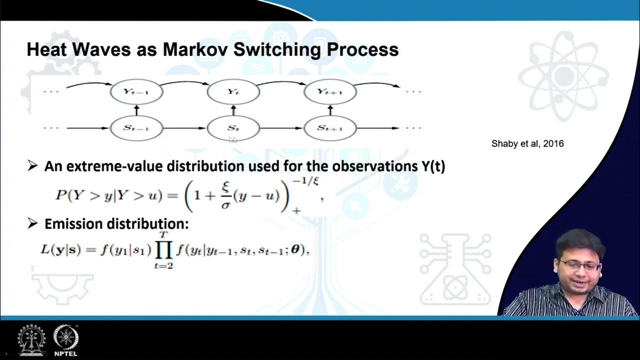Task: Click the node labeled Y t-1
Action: pyautogui.click(x=136, y=92)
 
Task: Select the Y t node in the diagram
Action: pyautogui.click(x=233, y=92)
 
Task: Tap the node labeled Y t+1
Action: pyautogui.click(x=330, y=92)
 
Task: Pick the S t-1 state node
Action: pyautogui.click(x=136, y=128)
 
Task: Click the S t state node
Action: pyautogui.click(x=233, y=128)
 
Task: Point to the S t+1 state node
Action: pyautogui.click(x=330, y=128)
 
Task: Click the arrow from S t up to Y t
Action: pyautogui.click(x=233, y=110)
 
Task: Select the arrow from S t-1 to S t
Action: pyautogui.click(x=184, y=128)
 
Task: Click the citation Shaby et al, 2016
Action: pyautogui.click(x=527, y=144)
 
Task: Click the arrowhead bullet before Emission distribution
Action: pyautogui.click(x=32, y=223)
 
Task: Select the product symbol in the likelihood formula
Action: pyautogui.click(x=163, y=249)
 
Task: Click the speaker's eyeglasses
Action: pyautogui.click(x=580, y=265)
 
